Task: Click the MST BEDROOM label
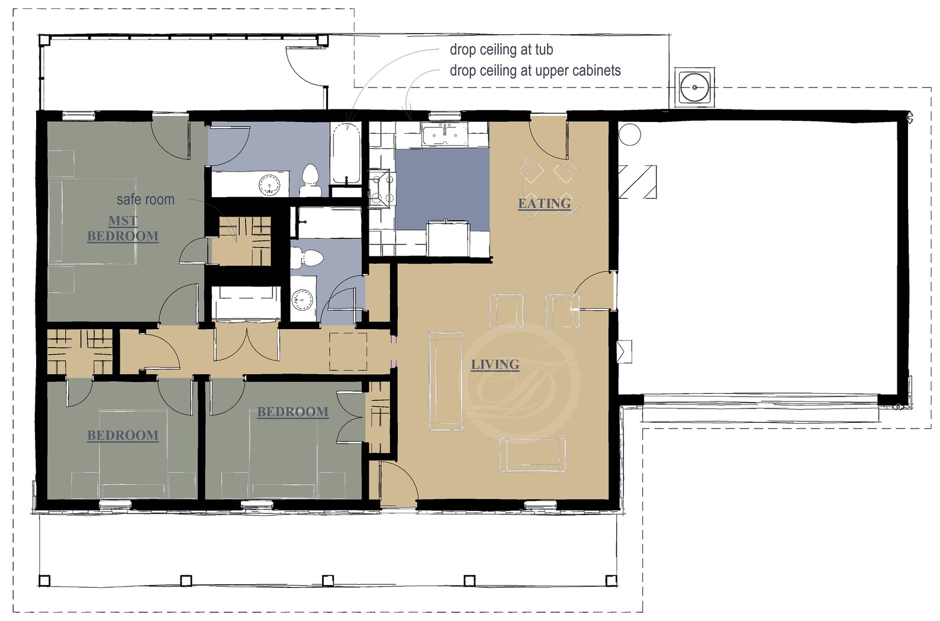123,229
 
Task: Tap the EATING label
544,204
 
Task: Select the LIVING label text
495,365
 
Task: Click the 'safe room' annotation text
146,200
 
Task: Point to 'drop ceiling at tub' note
501,50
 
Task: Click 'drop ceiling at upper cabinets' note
535,70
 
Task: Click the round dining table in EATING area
548,189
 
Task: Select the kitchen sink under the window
443,134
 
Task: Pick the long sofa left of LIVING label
446,381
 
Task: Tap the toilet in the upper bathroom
310,179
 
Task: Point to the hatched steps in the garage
637,182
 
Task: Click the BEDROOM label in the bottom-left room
123,436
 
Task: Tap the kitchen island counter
447,239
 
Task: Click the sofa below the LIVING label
533,454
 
